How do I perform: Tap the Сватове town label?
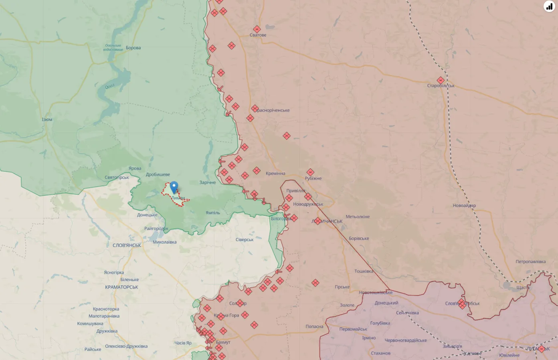258,35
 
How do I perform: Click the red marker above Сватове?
257,29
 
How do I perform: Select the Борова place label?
133,48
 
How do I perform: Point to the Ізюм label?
47,119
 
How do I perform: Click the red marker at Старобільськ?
441,80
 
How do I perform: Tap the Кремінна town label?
275,174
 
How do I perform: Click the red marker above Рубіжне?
310,172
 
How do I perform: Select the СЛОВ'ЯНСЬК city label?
127,245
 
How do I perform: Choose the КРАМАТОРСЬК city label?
121,287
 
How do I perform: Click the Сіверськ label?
245,240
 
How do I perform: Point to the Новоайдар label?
464,206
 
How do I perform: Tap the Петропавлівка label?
530,262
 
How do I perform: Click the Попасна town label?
314,327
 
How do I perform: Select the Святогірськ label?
117,178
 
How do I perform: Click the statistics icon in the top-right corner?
549,6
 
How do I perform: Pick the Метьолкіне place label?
358,217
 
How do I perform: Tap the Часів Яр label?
183,343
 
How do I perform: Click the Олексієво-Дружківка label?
126,346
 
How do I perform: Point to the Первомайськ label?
353,330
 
